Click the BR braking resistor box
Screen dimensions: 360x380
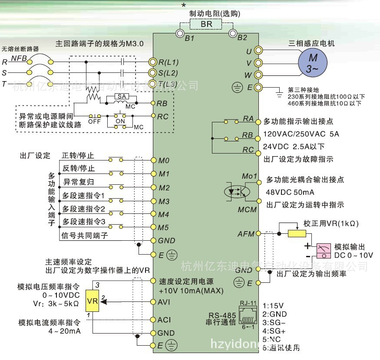[x=206, y=24]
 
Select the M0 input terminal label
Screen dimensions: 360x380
[x=164, y=160]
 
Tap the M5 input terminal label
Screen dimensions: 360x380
[x=164, y=227]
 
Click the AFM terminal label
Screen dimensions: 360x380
[x=246, y=234]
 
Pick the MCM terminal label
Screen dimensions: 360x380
[x=247, y=209]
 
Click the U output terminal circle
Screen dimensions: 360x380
[x=258, y=51]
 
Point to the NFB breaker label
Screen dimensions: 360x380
[x=18, y=58]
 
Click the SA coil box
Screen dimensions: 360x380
[x=121, y=96]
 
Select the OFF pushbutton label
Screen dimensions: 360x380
[x=94, y=122]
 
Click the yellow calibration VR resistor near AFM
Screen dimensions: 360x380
[x=296, y=234]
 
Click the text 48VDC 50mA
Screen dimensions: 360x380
[x=291, y=192]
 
